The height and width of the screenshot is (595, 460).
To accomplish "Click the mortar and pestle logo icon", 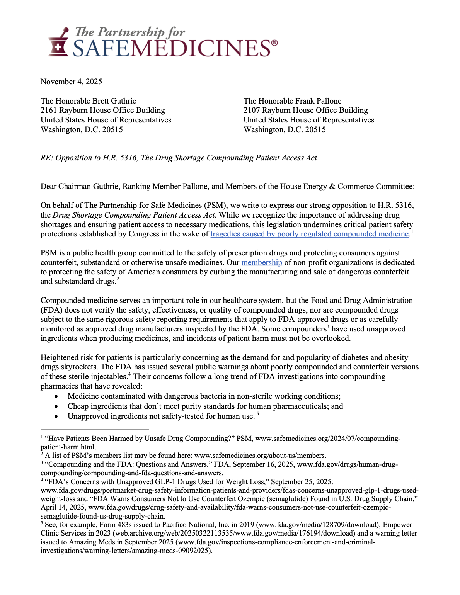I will (59, 42).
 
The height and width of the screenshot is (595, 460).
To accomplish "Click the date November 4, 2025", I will (72, 82).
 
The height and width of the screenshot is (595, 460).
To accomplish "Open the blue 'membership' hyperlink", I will (262, 263).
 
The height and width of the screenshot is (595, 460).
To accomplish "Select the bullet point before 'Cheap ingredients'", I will (57, 406).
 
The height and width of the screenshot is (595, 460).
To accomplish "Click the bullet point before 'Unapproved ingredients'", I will (57, 416).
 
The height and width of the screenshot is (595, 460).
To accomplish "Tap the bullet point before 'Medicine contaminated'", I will (57, 396).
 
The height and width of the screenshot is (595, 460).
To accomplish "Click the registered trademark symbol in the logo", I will (274, 43).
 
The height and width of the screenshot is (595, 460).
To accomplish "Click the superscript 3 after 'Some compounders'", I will (328, 327).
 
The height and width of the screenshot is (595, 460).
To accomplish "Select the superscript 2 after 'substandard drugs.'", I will (118, 279).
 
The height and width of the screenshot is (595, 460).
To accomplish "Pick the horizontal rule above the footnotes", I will (94, 429).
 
